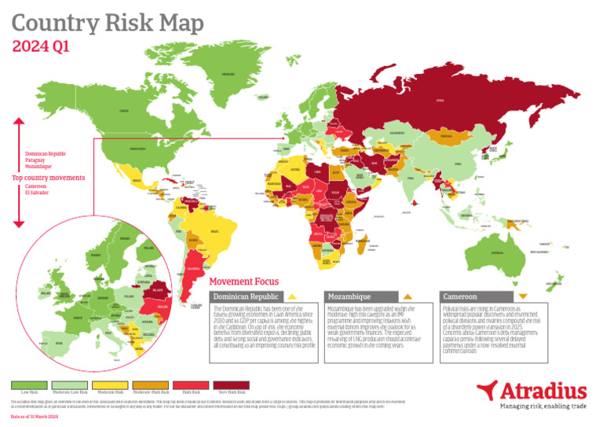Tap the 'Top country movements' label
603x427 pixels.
click(49, 178)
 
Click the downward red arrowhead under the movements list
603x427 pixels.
click(20, 226)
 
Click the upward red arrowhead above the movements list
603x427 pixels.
click(20, 121)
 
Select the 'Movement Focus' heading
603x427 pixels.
click(244, 282)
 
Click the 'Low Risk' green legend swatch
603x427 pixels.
click(29, 385)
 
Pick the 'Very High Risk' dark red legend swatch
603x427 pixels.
click(231, 385)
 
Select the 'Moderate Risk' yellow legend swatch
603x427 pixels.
click(110, 385)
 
